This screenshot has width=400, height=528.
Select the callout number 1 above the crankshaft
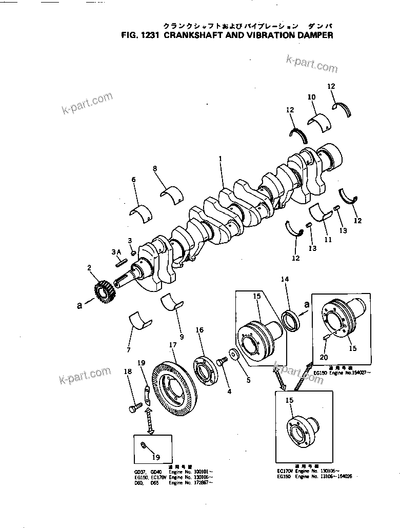[x=221, y=160]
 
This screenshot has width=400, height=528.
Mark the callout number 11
[x=328, y=240]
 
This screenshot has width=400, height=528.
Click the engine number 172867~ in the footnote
[x=203, y=483]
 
